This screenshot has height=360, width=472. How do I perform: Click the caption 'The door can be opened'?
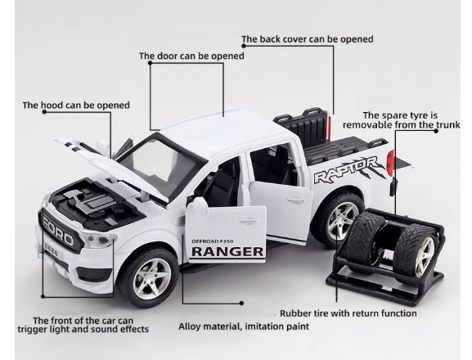192,56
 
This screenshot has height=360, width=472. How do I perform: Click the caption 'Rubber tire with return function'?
348,313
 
